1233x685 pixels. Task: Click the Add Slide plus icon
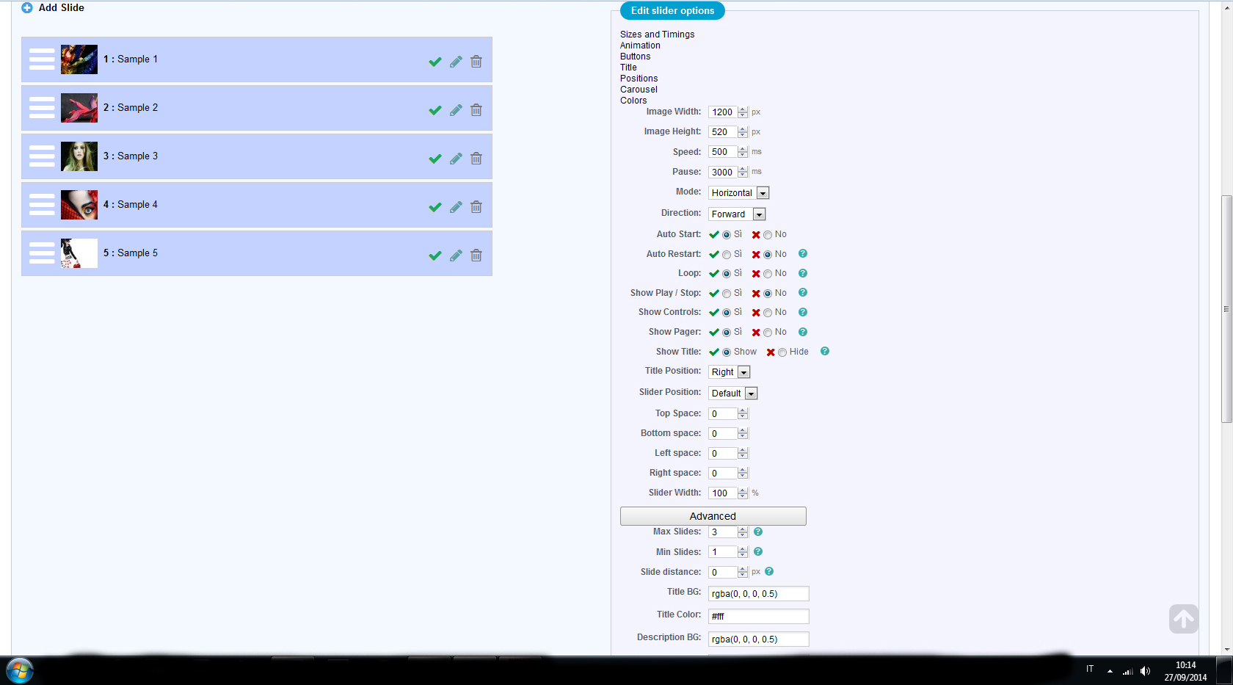[x=27, y=8]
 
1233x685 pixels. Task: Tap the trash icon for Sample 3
[x=476, y=159]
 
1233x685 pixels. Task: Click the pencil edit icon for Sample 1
[x=456, y=62]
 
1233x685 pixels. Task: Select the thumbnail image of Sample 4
[x=79, y=205]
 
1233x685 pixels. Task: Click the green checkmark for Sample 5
[x=435, y=255]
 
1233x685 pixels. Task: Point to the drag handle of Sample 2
[x=42, y=108]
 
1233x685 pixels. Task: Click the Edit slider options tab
[x=672, y=11]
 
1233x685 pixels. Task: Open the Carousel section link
[x=639, y=90]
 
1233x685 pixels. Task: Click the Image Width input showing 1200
[x=723, y=112]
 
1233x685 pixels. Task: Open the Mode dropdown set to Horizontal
[x=739, y=193]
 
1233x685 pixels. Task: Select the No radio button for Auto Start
[x=768, y=235]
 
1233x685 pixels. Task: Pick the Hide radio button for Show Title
[x=782, y=352]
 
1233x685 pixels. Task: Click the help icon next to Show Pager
[x=803, y=332]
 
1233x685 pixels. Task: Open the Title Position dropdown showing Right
[x=730, y=372]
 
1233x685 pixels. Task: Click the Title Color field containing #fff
[x=758, y=617]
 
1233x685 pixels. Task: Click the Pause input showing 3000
[x=723, y=173]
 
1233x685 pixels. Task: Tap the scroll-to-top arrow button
[x=1183, y=619]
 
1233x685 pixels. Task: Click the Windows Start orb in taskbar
[x=20, y=670]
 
